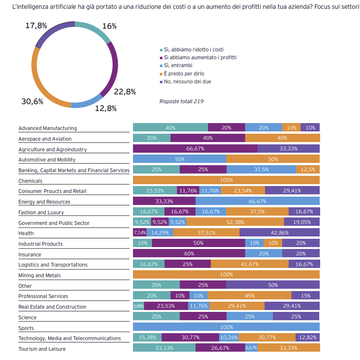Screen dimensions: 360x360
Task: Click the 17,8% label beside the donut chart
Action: pos(36,26)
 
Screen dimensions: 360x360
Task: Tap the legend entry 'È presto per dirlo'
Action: pos(183,74)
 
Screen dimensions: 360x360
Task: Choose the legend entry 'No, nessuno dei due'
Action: pos(186,82)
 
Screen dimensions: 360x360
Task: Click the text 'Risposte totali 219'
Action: pos(181,101)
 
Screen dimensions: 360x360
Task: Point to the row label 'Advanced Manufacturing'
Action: pos(48,128)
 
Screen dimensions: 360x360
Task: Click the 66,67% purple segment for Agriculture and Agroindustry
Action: pos(195,149)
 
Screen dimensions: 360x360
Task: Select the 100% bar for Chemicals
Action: pos(226,180)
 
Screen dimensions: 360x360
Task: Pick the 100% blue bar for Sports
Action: pos(226,328)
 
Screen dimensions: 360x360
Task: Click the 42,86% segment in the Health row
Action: pos(279,233)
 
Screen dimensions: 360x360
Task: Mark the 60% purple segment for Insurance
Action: pos(189,254)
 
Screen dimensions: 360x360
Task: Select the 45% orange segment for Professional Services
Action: pos(249,296)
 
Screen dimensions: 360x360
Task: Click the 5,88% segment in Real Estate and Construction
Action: pos(139,306)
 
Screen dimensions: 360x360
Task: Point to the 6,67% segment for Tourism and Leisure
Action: pos(251,348)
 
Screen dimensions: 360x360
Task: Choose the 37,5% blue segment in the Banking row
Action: pos(261,169)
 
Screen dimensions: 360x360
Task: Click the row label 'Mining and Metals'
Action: pos(39,275)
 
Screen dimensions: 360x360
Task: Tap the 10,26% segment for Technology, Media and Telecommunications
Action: pos(229,338)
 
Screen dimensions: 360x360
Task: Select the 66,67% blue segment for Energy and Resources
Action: pos(258,201)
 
